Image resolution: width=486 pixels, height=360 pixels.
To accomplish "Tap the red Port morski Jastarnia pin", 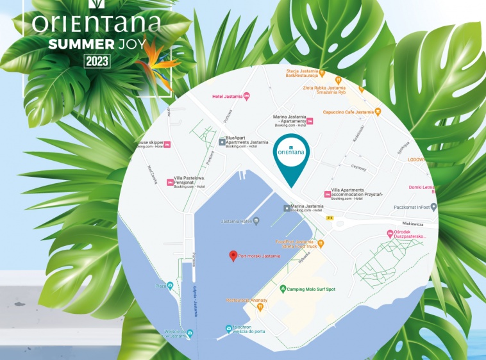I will [233, 256].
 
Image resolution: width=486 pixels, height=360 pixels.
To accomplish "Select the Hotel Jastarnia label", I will [227, 97].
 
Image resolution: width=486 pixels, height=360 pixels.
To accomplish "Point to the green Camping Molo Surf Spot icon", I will [283, 290].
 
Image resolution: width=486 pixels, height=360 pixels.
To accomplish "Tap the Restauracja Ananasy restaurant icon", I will [260, 307].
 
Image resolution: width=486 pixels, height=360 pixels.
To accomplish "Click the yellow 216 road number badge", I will [330, 218].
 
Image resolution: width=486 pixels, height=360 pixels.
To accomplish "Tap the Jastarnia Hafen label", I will [235, 222].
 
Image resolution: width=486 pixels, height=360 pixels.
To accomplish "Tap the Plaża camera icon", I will [170, 286].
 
